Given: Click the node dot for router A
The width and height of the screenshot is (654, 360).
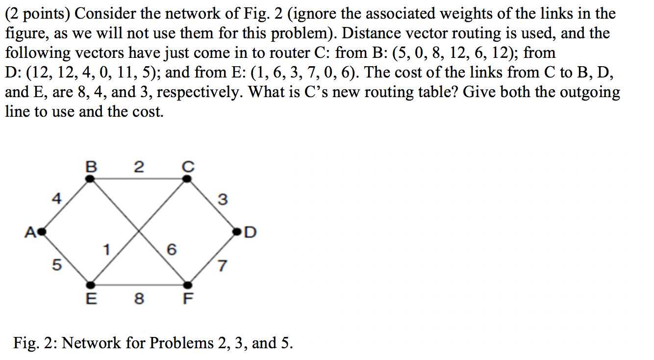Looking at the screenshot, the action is pos(42,230).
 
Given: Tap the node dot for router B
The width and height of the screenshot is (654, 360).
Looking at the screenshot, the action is pos(90,179).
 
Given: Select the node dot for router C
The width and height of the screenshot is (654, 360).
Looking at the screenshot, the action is pos(187,179).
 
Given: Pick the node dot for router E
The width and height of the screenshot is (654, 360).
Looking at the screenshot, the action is pos(90,284).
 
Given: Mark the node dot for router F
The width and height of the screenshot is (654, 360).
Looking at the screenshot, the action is pos(187,284).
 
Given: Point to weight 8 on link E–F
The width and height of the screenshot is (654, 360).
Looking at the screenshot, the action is pos(139,298).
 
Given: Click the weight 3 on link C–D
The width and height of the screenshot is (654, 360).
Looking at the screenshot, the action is pos(222,200).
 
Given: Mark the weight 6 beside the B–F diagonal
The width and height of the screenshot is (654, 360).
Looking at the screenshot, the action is pos(171,250).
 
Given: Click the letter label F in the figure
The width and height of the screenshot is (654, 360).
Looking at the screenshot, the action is pos(188,298).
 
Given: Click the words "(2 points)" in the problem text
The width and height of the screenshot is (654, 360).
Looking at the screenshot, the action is pos(38,14).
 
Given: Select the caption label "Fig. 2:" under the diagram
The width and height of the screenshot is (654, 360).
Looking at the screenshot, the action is pos(35,342).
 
